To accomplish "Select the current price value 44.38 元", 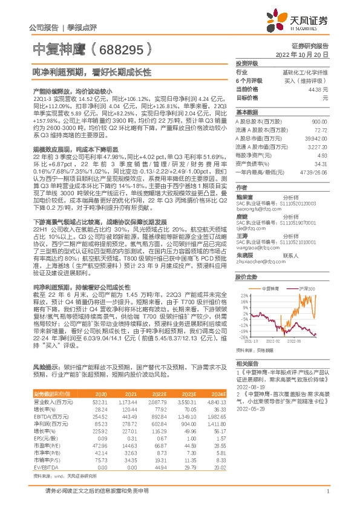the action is [x=317, y=89].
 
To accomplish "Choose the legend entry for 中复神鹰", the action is [x=270, y=290].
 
